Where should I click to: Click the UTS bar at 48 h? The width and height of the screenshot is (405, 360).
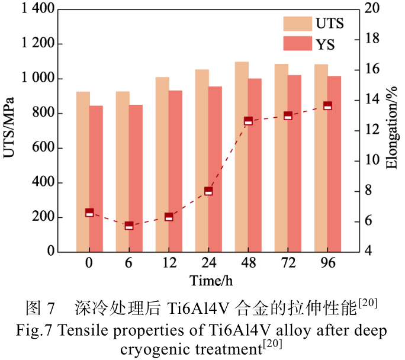(x=242, y=157)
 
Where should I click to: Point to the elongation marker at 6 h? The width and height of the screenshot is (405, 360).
(x=129, y=226)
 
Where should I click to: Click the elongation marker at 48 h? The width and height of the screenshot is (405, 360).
(x=248, y=121)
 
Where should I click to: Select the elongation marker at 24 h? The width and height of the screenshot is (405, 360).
(x=208, y=191)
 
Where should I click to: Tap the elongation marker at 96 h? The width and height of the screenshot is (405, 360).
(x=327, y=106)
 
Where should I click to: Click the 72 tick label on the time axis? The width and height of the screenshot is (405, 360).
(x=288, y=262)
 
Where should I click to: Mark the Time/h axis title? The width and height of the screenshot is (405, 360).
(x=209, y=279)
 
